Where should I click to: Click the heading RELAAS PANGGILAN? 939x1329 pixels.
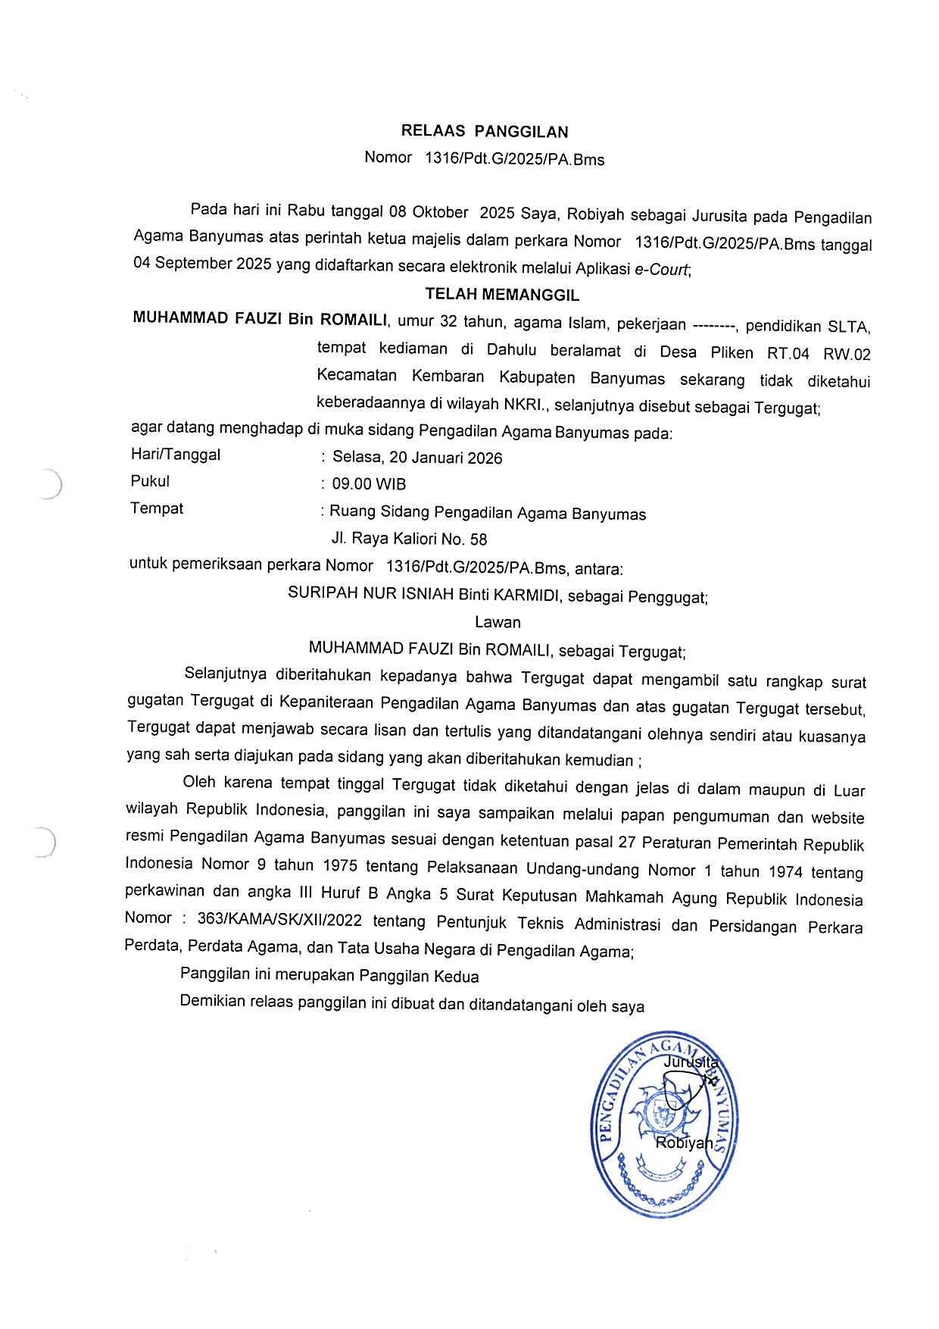[x=485, y=132]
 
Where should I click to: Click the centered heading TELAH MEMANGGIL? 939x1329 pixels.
[x=502, y=295]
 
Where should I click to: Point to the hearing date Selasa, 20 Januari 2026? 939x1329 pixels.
[x=417, y=458]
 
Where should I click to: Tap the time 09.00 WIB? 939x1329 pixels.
[x=369, y=484]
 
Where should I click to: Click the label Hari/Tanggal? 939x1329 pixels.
[x=176, y=455]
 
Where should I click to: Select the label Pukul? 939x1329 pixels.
[x=150, y=481]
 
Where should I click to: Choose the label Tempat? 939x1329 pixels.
[x=157, y=508]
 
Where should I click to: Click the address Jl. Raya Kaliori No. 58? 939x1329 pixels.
[x=409, y=539]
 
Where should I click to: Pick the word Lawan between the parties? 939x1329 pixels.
[x=498, y=622]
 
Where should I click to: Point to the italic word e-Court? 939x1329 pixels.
[x=662, y=269]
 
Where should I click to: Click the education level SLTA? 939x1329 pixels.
[x=848, y=327]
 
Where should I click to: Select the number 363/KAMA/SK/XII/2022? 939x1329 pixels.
[x=279, y=920]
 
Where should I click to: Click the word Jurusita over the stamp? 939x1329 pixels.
[x=690, y=1062]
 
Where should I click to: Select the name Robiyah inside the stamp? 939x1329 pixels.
[x=684, y=1143]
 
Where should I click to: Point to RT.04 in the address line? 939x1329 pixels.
[x=788, y=354]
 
